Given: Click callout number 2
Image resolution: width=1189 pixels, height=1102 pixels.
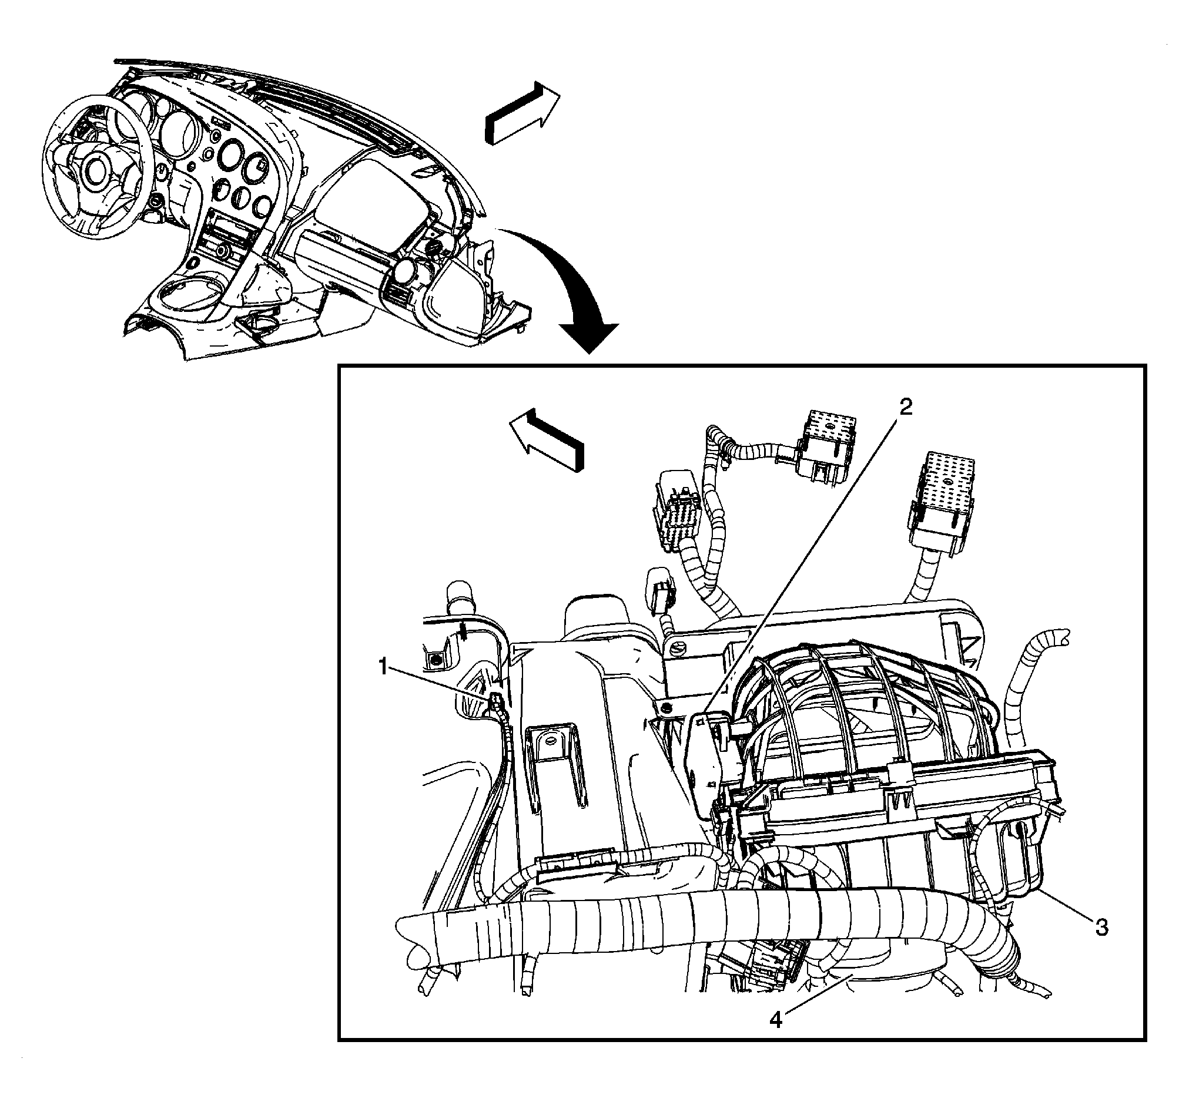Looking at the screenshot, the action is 905,408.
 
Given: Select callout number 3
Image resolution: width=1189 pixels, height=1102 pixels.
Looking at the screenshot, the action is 1101,927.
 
